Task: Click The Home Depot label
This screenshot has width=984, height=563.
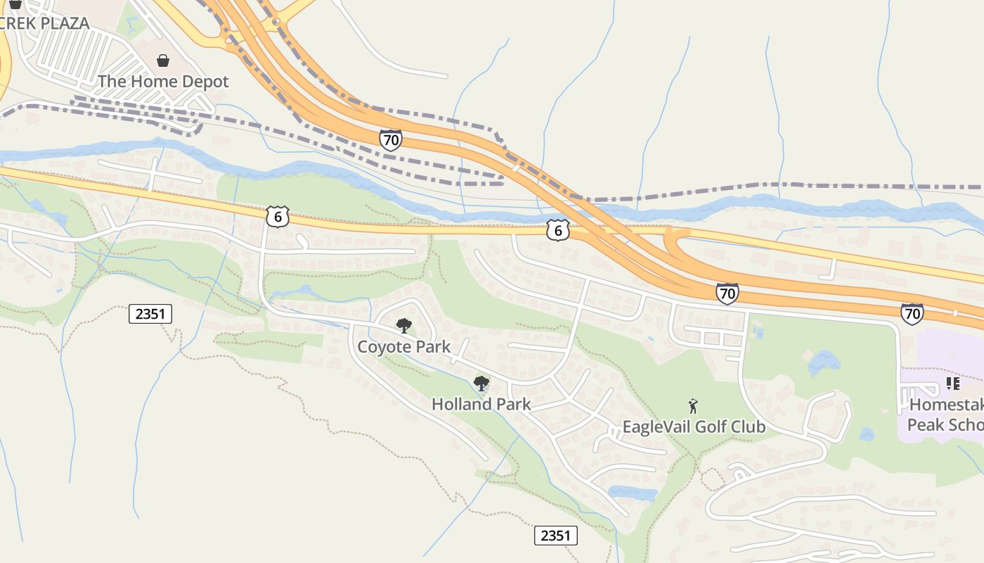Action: click(x=163, y=82)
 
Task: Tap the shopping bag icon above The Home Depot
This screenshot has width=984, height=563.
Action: click(x=163, y=61)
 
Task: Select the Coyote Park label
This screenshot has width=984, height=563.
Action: click(x=403, y=347)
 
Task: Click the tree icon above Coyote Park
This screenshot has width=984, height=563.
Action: click(x=403, y=325)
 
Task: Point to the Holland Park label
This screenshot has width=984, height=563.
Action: click(x=481, y=405)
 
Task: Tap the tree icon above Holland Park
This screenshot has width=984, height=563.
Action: click(x=481, y=384)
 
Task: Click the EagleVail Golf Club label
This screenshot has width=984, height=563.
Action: click(x=694, y=427)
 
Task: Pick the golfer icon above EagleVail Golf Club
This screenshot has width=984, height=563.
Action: click(x=694, y=406)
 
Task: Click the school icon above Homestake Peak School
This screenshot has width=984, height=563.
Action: click(x=953, y=384)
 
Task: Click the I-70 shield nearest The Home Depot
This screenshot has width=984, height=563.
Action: click(x=391, y=140)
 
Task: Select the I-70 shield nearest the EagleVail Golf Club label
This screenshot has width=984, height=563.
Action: click(x=727, y=293)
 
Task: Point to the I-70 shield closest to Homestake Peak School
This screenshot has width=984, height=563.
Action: click(x=912, y=313)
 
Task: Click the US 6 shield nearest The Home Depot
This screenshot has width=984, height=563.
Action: click(x=278, y=217)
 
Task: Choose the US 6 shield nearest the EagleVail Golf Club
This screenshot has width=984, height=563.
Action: click(x=557, y=229)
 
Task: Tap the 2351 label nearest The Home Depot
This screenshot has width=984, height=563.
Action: click(x=150, y=314)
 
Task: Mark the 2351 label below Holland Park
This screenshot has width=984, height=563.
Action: click(x=555, y=536)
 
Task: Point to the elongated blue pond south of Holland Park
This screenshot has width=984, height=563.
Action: click(x=633, y=493)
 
